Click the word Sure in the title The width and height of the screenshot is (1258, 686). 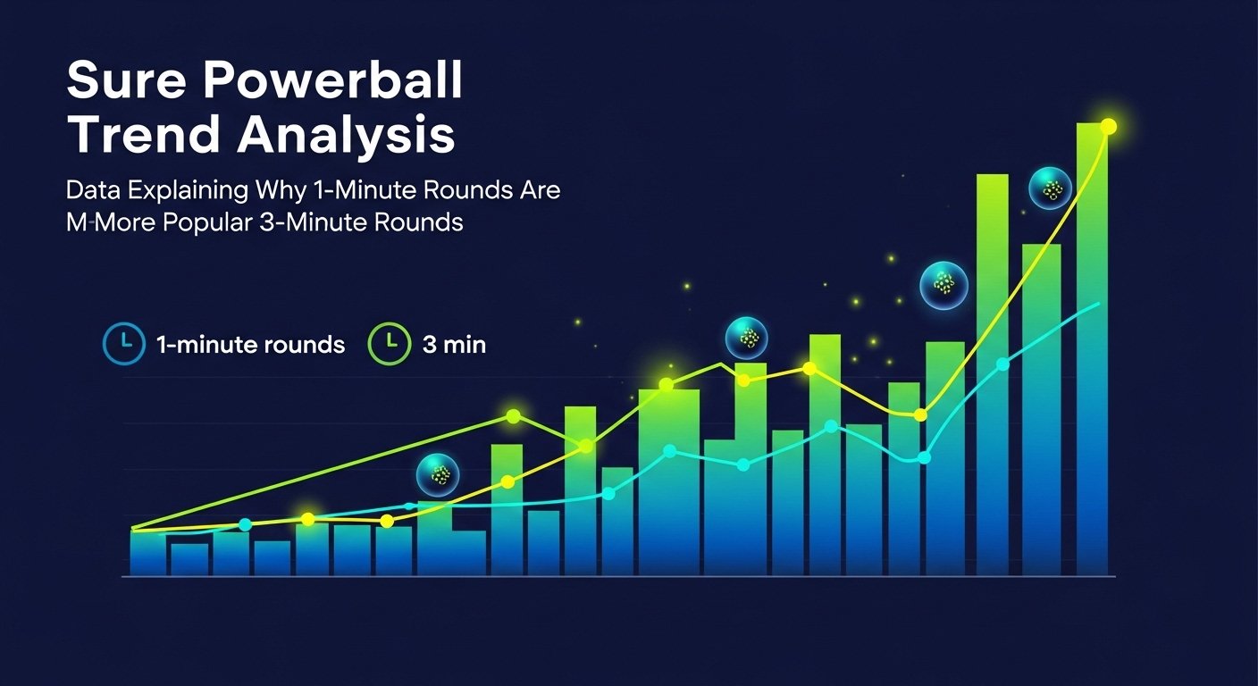[x=126, y=80]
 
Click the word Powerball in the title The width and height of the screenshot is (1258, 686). [x=333, y=80]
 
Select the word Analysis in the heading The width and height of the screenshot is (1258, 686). [x=346, y=137]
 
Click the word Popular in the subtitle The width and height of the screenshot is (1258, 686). [x=207, y=223]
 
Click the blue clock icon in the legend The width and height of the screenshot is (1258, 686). [x=124, y=344]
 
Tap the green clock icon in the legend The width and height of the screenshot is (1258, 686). [x=390, y=344]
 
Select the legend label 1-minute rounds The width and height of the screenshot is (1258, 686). [x=250, y=345]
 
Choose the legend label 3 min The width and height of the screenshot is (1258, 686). [x=454, y=345]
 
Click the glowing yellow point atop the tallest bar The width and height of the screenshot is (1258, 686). [x=1108, y=127]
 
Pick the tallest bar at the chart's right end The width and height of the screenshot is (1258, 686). [x=1093, y=348]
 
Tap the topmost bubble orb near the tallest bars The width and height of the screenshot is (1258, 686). [x=1050, y=188]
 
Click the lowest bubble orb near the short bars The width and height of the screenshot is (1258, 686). [x=438, y=475]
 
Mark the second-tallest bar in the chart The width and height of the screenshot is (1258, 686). [x=993, y=374]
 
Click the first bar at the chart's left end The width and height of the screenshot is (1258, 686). [x=147, y=552]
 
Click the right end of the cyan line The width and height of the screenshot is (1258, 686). [x=1098, y=304]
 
